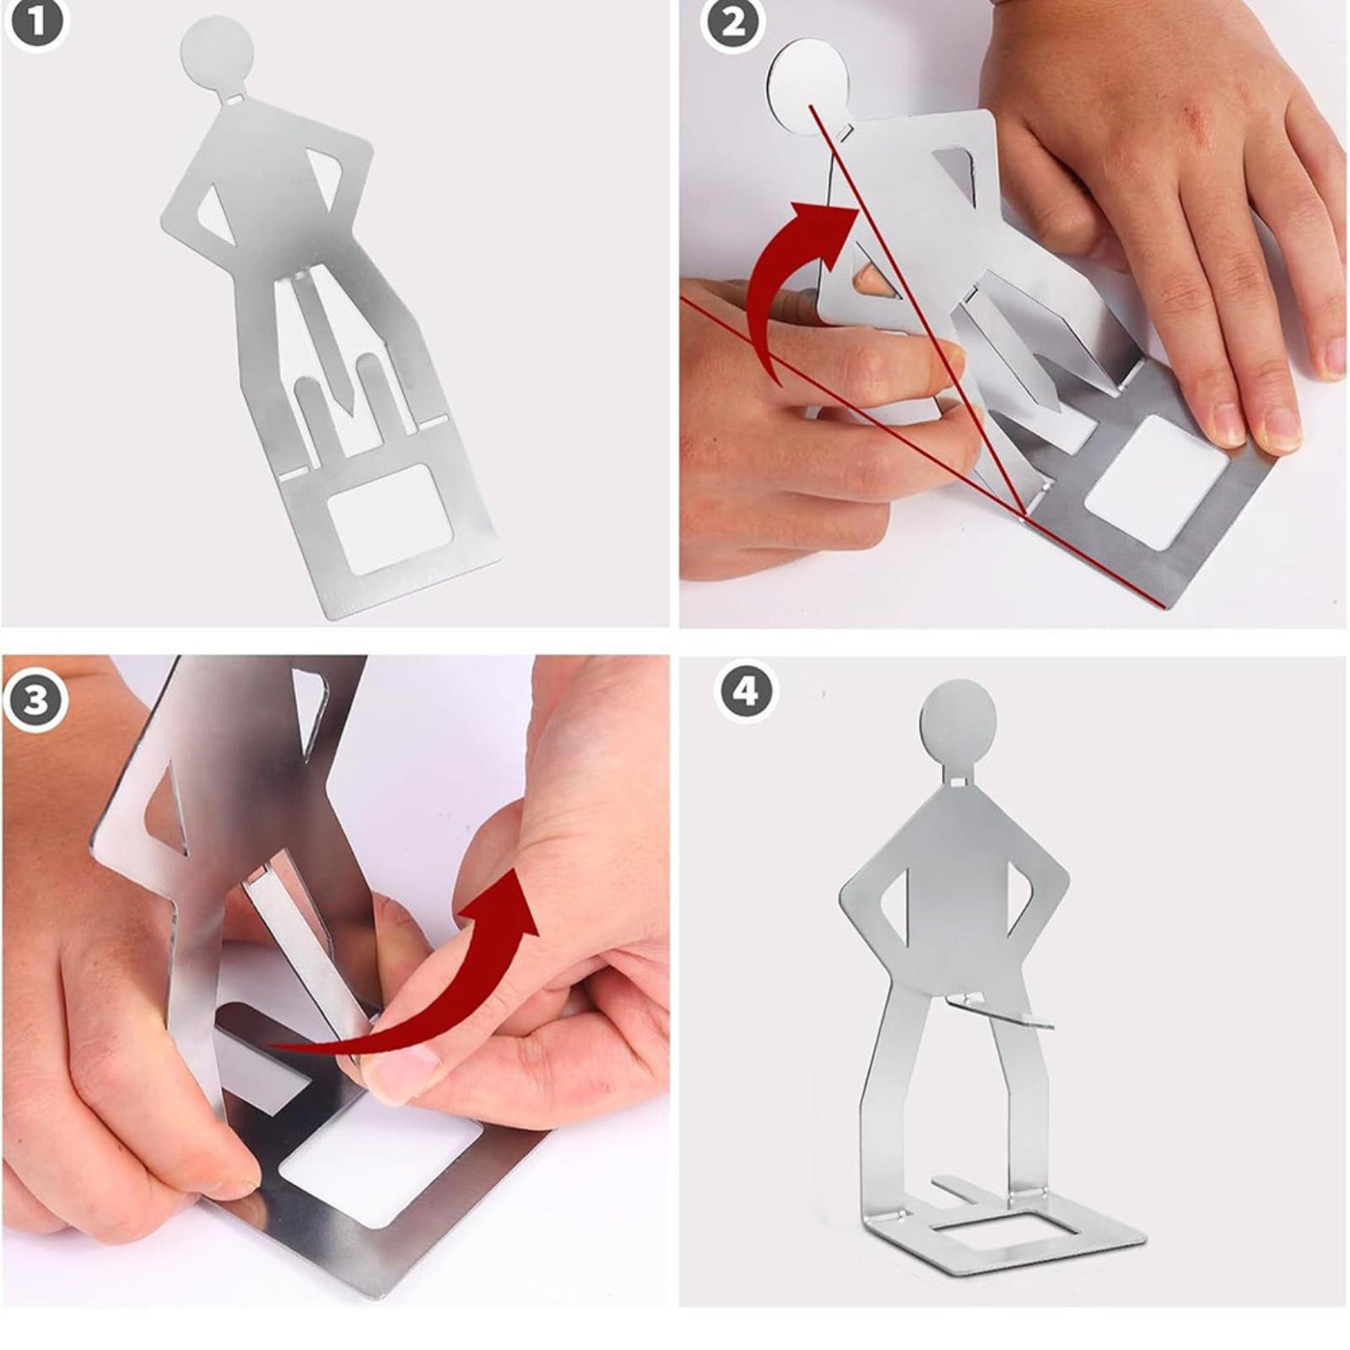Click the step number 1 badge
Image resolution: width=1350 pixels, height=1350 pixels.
(36, 24)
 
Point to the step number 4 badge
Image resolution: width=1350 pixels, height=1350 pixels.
(745, 692)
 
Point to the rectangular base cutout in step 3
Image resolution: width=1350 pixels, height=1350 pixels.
(380, 1161)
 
